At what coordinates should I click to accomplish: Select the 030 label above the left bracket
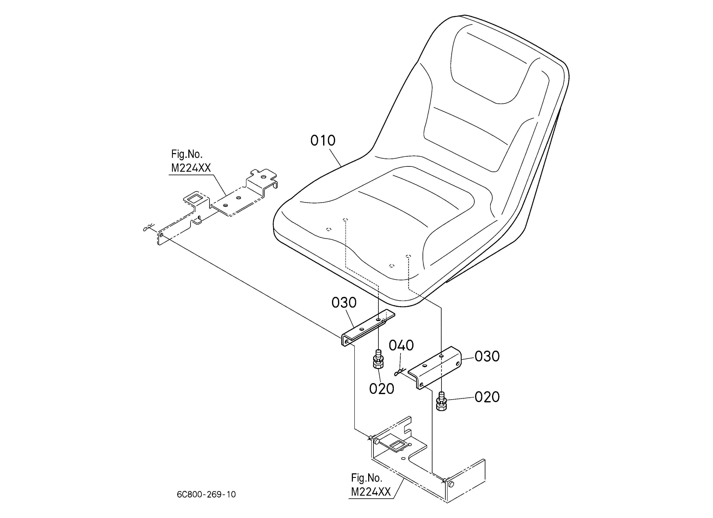[x=344, y=303]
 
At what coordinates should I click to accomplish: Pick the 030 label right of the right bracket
[x=487, y=356]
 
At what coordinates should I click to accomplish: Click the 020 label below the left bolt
[x=382, y=389]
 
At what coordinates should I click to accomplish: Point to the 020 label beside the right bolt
[x=487, y=397]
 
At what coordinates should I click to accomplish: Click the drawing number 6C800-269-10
[x=206, y=495]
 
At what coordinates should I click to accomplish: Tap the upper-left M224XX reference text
[x=191, y=168]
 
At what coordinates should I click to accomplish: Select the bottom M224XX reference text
[x=371, y=492]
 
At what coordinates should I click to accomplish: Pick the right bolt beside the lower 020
[x=442, y=401]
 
